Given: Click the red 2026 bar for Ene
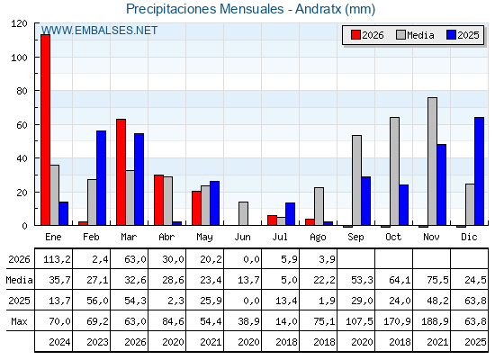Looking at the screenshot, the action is (45, 130).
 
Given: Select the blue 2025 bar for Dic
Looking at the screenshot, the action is (479, 171).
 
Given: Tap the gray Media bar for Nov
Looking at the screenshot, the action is (432, 161).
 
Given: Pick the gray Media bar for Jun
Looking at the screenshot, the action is (243, 214).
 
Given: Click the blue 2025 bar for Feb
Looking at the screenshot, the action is (101, 178).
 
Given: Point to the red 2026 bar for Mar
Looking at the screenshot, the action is (121, 172).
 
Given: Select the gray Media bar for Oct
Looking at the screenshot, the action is (394, 171).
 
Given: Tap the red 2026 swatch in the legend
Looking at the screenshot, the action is (355, 35).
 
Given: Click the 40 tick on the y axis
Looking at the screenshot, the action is (22, 158).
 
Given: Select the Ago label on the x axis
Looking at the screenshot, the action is (318, 238).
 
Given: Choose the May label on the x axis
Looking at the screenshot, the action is (204, 238).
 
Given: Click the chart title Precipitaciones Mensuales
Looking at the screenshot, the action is (205, 9).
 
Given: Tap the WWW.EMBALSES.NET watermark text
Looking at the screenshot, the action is (99, 31).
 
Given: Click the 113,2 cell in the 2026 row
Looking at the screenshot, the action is (57, 259).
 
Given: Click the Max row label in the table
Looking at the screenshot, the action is (19, 321).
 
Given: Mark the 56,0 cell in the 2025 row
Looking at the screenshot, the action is (98, 301).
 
